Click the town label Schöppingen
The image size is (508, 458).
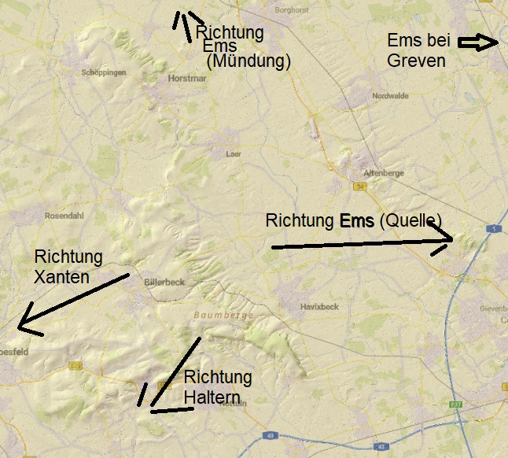click(x=105, y=72)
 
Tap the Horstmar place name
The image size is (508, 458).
click(x=186, y=79)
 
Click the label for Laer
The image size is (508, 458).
click(x=233, y=155)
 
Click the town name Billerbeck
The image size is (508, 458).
click(x=164, y=281)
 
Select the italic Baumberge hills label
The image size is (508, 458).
click(x=224, y=315)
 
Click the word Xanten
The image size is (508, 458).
click(x=61, y=276)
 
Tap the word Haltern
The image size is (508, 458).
click(x=212, y=398)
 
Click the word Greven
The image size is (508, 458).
click(x=417, y=61)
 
